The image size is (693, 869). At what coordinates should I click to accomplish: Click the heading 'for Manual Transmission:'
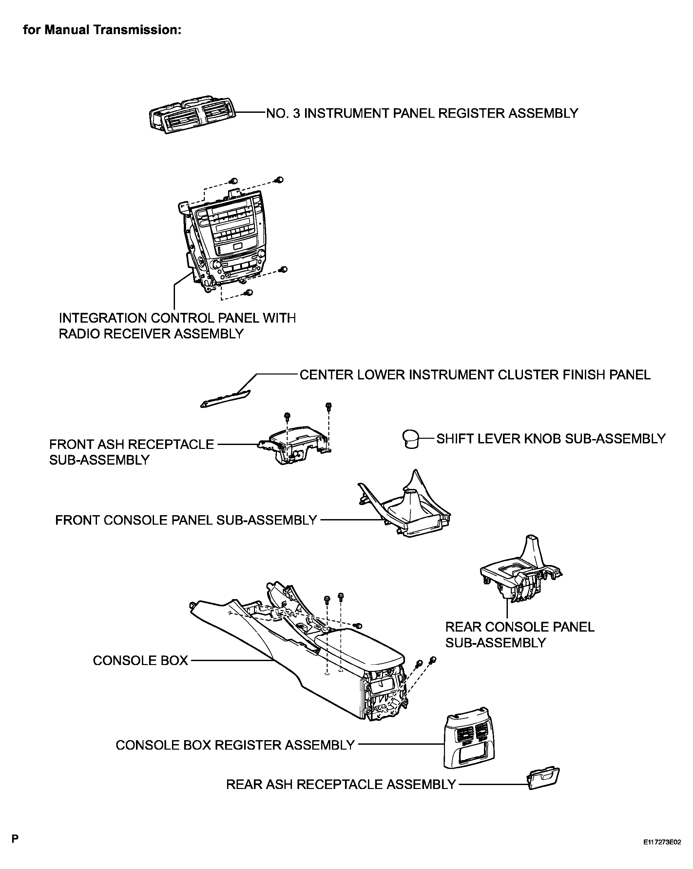pyautogui.click(x=102, y=30)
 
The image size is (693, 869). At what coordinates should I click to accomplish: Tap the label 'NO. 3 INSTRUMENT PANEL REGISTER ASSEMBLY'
pyautogui.click(x=422, y=113)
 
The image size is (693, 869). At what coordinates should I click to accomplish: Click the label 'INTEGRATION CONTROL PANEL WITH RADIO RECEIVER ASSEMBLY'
pyautogui.click(x=177, y=326)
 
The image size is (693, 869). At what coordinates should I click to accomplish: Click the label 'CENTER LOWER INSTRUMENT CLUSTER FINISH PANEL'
pyautogui.click(x=475, y=375)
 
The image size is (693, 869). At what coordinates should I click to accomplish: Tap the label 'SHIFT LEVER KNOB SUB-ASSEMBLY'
pyautogui.click(x=551, y=438)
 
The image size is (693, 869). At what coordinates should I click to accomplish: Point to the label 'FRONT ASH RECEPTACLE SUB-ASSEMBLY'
pyautogui.click(x=131, y=452)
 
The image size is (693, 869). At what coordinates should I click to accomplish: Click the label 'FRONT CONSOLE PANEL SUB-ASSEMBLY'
pyautogui.click(x=186, y=520)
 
